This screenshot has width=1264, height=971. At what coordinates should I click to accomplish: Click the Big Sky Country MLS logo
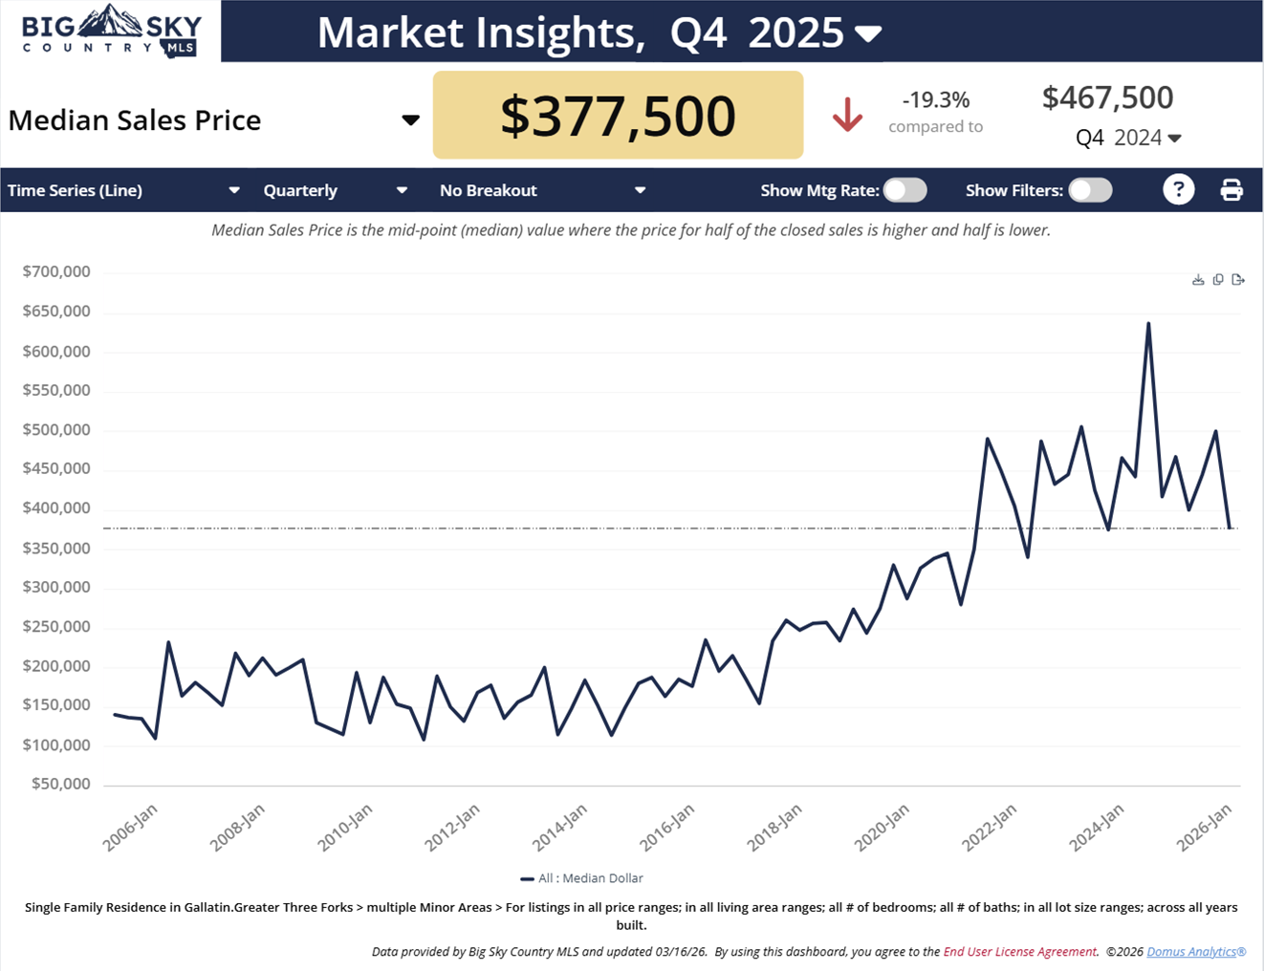point(111,31)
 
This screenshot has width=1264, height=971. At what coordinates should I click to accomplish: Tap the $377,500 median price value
point(618,116)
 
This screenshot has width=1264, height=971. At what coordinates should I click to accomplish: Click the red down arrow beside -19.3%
point(847,116)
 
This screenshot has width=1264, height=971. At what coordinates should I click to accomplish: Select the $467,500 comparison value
point(1107,97)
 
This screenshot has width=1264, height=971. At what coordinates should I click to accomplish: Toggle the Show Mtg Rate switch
point(904,190)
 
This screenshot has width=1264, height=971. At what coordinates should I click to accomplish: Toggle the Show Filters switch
point(1090,190)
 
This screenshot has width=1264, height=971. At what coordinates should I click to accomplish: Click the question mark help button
point(1178,189)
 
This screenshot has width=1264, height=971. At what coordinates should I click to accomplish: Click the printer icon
point(1231,190)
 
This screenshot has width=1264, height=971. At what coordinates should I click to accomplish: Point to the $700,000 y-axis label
point(56,271)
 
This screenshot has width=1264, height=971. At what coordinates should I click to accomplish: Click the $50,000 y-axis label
point(60,784)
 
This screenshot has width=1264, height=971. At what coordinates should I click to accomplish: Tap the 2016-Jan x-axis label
point(667,828)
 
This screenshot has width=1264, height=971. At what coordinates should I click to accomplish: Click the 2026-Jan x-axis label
point(1205,828)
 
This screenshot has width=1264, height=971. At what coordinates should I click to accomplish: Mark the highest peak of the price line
point(1148,323)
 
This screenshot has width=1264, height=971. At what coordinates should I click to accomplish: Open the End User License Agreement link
point(1019,952)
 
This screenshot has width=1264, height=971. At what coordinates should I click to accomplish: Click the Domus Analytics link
point(1195,952)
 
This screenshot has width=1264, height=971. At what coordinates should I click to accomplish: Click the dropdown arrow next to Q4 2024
point(1175,139)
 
